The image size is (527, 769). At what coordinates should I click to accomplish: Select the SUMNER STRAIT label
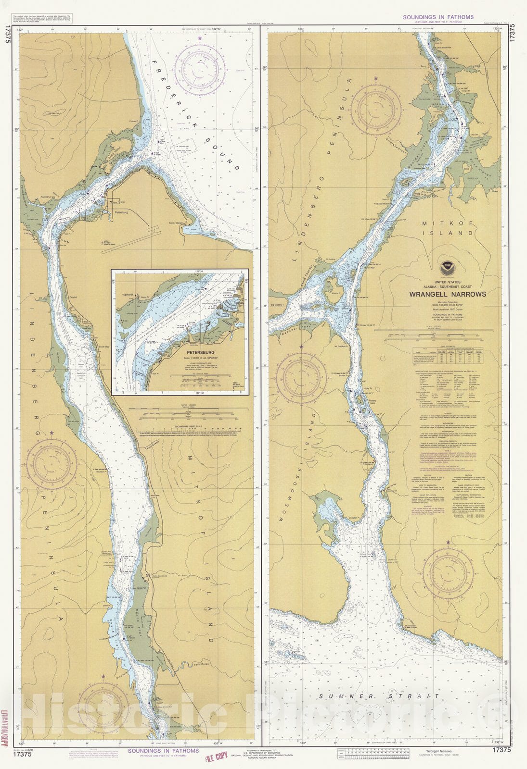pyautogui.click(x=379, y=696)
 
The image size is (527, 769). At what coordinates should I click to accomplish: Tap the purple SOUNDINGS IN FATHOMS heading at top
pyautogui.click(x=438, y=17)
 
